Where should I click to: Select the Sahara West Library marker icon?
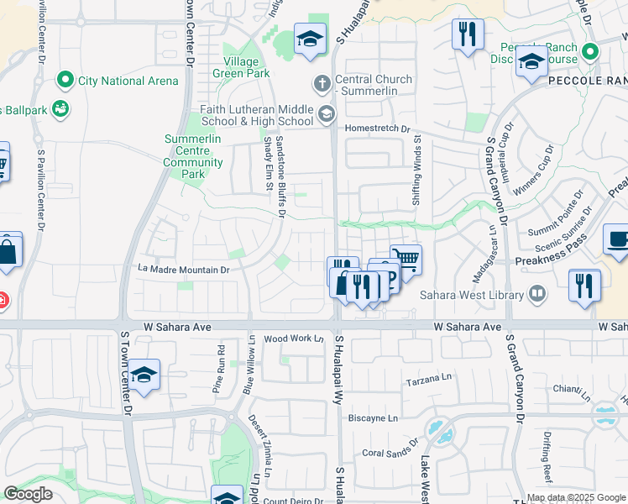tap(537, 294)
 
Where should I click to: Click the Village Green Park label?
tap(247, 67)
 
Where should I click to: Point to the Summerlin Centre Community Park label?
tap(194, 156)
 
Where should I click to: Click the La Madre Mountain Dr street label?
tap(184, 270)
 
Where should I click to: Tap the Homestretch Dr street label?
tap(377, 129)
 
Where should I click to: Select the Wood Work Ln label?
tap(294, 339)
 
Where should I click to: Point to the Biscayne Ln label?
tap(373, 417)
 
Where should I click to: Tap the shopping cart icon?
tap(406, 259)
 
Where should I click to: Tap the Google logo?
tap(29, 494)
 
